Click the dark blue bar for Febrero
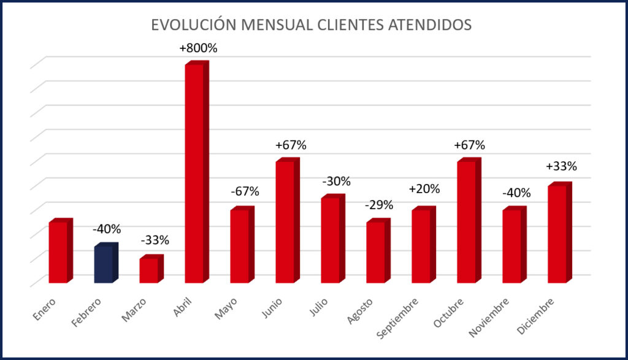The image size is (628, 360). coord(104,264)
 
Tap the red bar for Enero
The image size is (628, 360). coord(58,252)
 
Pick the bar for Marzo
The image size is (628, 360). coord(149,270)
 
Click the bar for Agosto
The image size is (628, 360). coord(376,252)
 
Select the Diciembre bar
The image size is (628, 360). coord(557,234)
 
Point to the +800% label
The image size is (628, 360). coord(199,48)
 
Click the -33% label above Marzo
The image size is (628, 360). coord(155,240)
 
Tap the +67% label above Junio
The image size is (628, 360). coord(291,145)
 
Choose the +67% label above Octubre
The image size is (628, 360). coord(469,145)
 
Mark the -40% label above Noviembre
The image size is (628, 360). coord(516,193)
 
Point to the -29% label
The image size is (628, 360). coord(379,205)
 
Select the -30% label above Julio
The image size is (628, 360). coord(335,182)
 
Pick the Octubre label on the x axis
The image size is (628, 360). coord(448,313)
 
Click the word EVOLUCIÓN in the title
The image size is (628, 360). coord(193,25)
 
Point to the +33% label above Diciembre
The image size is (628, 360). coord(561,167)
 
